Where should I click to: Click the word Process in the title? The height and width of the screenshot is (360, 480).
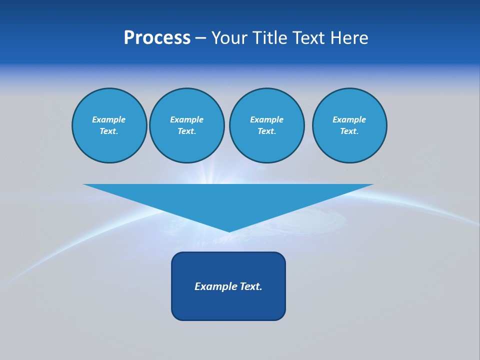(x=157, y=38)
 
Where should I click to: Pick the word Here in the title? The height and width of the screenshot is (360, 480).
(x=351, y=38)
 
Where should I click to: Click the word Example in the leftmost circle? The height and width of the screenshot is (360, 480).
(x=109, y=119)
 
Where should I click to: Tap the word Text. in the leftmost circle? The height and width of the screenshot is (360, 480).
(x=109, y=131)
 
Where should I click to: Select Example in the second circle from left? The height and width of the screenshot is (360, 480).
(x=186, y=119)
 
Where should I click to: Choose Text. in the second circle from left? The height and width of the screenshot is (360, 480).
(x=186, y=131)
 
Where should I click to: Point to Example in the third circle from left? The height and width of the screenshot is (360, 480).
(x=266, y=119)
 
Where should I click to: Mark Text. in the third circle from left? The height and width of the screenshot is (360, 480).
(x=266, y=131)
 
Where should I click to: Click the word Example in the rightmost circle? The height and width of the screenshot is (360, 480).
(x=349, y=119)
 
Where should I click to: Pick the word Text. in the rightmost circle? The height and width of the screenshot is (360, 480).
(x=349, y=131)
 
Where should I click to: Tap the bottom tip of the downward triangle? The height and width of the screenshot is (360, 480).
(x=229, y=231)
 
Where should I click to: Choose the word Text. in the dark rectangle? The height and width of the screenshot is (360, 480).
(x=250, y=286)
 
